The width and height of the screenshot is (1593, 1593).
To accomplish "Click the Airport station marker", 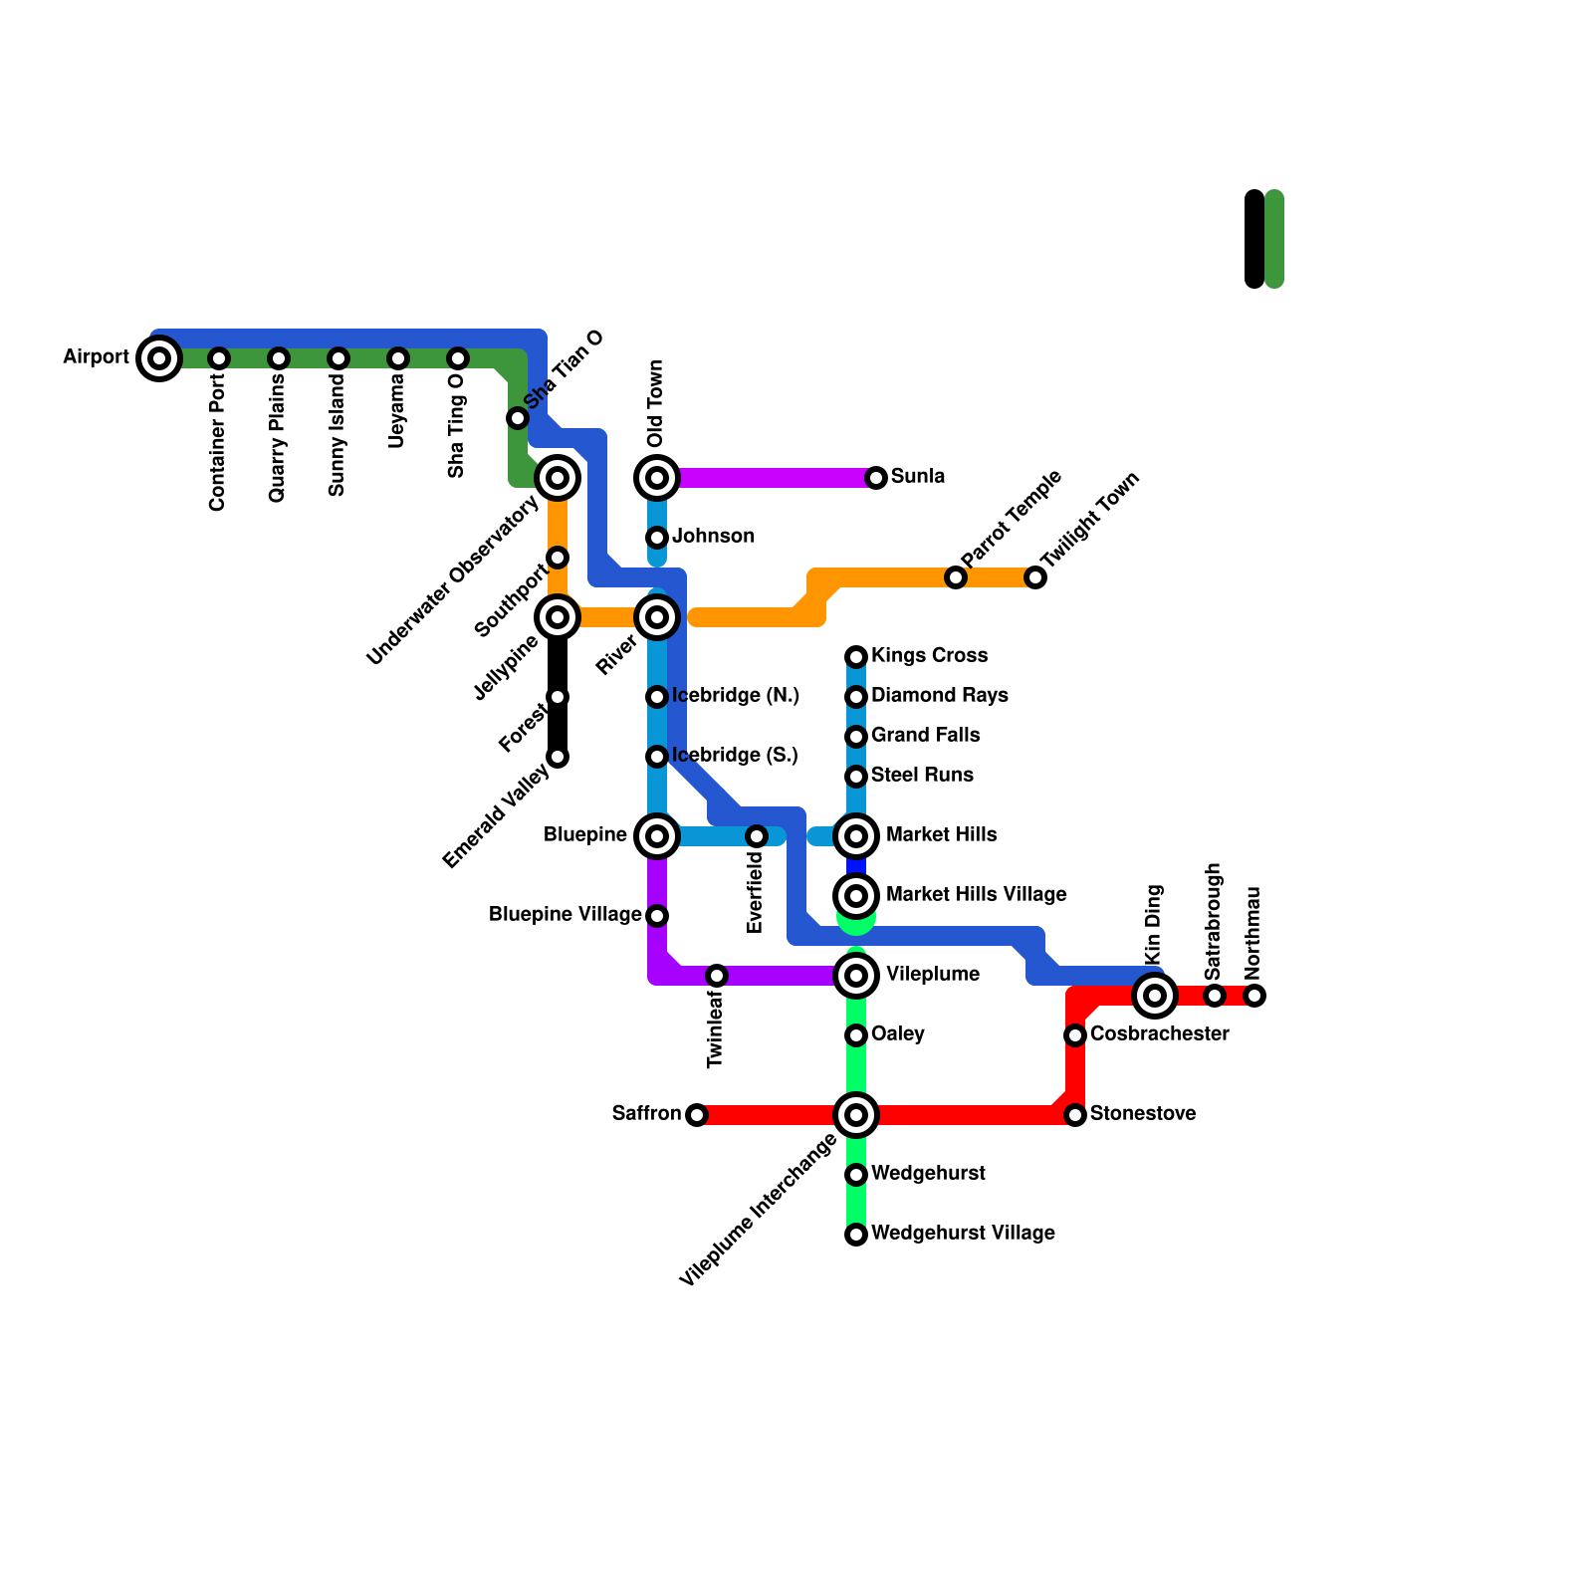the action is [159, 358].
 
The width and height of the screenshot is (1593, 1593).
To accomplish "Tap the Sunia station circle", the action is [876, 478].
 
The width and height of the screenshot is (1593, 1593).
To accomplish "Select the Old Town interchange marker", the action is [657, 478].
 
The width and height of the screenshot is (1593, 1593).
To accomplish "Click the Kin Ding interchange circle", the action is [1155, 995].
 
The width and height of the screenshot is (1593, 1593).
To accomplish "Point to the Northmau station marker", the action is [1254, 995].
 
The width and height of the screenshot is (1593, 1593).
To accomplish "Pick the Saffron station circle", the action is [697, 1115].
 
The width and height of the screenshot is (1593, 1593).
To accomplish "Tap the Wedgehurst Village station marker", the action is [856, 1235].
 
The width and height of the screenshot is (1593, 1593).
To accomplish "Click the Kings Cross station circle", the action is [856, 657].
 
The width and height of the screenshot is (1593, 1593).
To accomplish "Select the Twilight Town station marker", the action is [1035, 577].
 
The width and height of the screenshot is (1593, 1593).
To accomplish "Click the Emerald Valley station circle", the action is [558, 757].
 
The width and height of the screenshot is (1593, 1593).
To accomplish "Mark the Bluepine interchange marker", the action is [657, 836].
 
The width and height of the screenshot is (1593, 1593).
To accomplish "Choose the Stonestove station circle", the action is [1075, 1115].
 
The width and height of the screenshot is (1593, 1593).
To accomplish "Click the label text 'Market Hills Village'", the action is [976, 895].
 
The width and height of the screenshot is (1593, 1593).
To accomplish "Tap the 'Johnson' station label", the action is [713, 537].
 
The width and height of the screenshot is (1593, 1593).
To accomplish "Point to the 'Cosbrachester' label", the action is [1159, 1034].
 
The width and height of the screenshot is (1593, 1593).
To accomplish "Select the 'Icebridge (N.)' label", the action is [736, 696].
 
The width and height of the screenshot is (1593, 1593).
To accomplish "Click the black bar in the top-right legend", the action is [1254, 239].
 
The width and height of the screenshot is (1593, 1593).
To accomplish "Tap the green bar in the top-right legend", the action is [1274, 239].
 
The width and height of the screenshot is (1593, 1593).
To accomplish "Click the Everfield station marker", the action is [757, 836].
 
